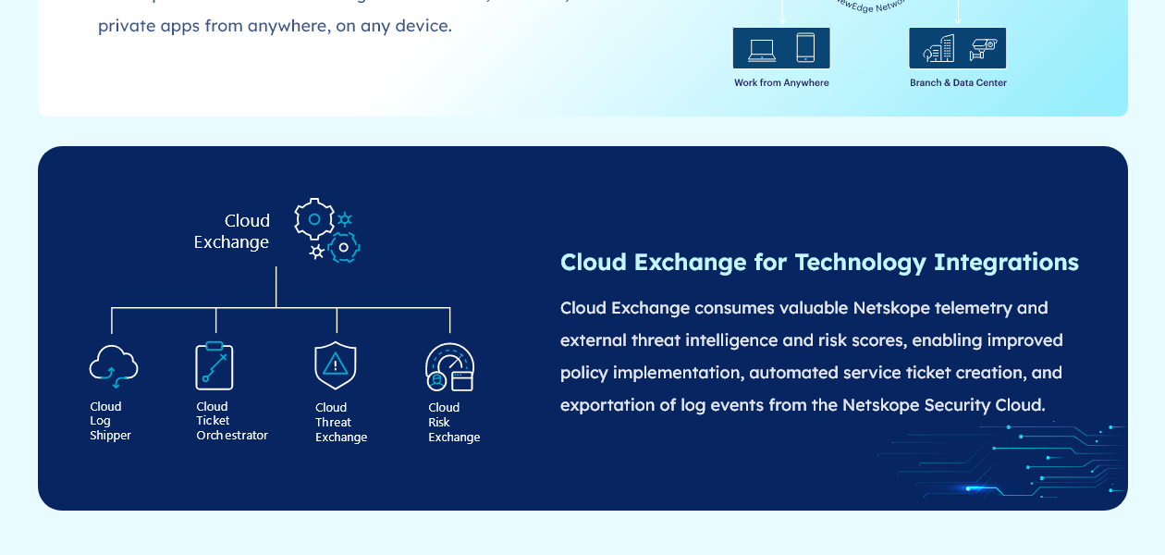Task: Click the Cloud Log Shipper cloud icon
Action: pyautogui.click(x=113, y=365)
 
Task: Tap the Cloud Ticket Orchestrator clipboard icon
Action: pyautogui.click(x=215, y=365)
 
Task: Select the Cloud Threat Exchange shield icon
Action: pyautogui.click(x=335, y=365)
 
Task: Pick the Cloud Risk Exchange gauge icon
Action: pyautogui.click(x=449, y=366)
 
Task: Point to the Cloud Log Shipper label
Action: pyautogui.click(x=110, y=421)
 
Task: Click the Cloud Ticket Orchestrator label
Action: pyautogui.click(x=231, y=421)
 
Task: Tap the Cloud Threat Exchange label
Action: pyautogui.click(x=340, y=422)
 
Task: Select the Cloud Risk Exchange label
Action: pyautogui.click(x=453, y=422)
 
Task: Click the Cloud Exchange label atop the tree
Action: pyautogui.click(x=232, y=231)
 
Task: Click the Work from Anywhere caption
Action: pyautogui.click(x=781, y=83)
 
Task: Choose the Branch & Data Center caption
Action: pyautogui.click(x=958, y=83)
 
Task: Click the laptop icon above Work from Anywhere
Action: pyautogui.click(x=762, y=49)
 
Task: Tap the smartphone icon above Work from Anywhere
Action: pyautogui.click(x=805, y=48)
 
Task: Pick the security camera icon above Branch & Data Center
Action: pyautogui.click(x=982, y=49)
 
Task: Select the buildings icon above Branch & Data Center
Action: pyautogui.click(x=938, y=48)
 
